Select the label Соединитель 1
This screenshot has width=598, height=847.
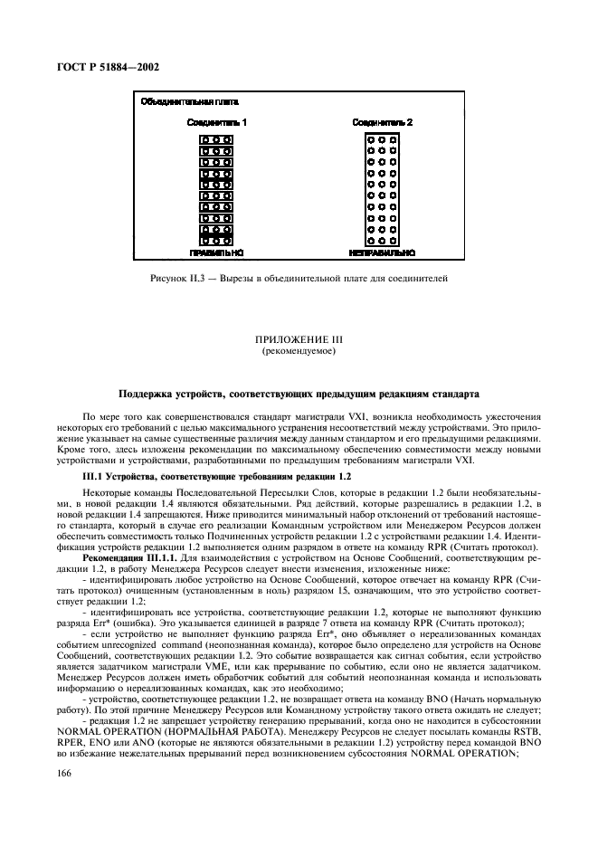[x=215, y=121]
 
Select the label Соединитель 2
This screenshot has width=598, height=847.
[x=382, y=121]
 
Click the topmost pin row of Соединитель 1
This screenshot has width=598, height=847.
[x=215, y=140]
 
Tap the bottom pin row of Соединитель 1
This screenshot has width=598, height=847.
[x=215, y=241]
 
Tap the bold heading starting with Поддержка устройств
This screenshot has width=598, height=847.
[x=298, y=394]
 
